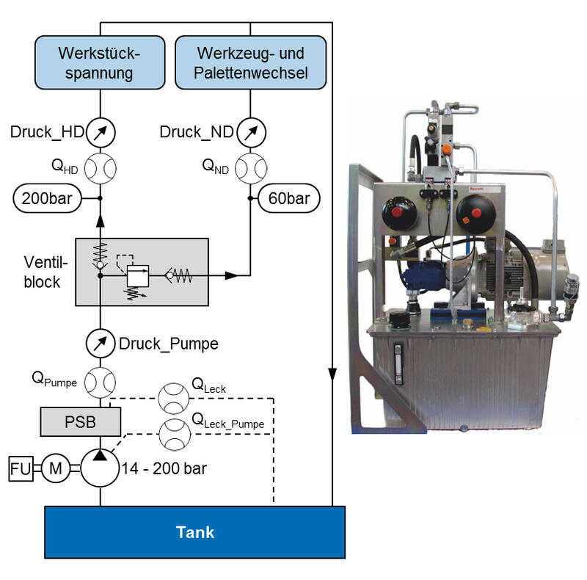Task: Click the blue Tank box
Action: tap(195, 532)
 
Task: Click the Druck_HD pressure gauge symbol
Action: tap(101, 133)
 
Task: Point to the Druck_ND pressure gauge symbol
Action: tap(252, 133)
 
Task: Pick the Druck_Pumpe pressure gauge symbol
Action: tap(101, 343)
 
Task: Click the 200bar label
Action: tap(45, 198)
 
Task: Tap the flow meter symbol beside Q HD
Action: tap(101, 167)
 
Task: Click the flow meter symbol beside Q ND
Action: tap(252, 167)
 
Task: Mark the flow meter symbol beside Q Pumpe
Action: tap(101, 382)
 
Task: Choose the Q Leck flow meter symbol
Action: tap(173, 397)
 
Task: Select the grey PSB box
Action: tap(80, 422)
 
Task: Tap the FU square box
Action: tap(21, 468)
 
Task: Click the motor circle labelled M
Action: tap(54, 468)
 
